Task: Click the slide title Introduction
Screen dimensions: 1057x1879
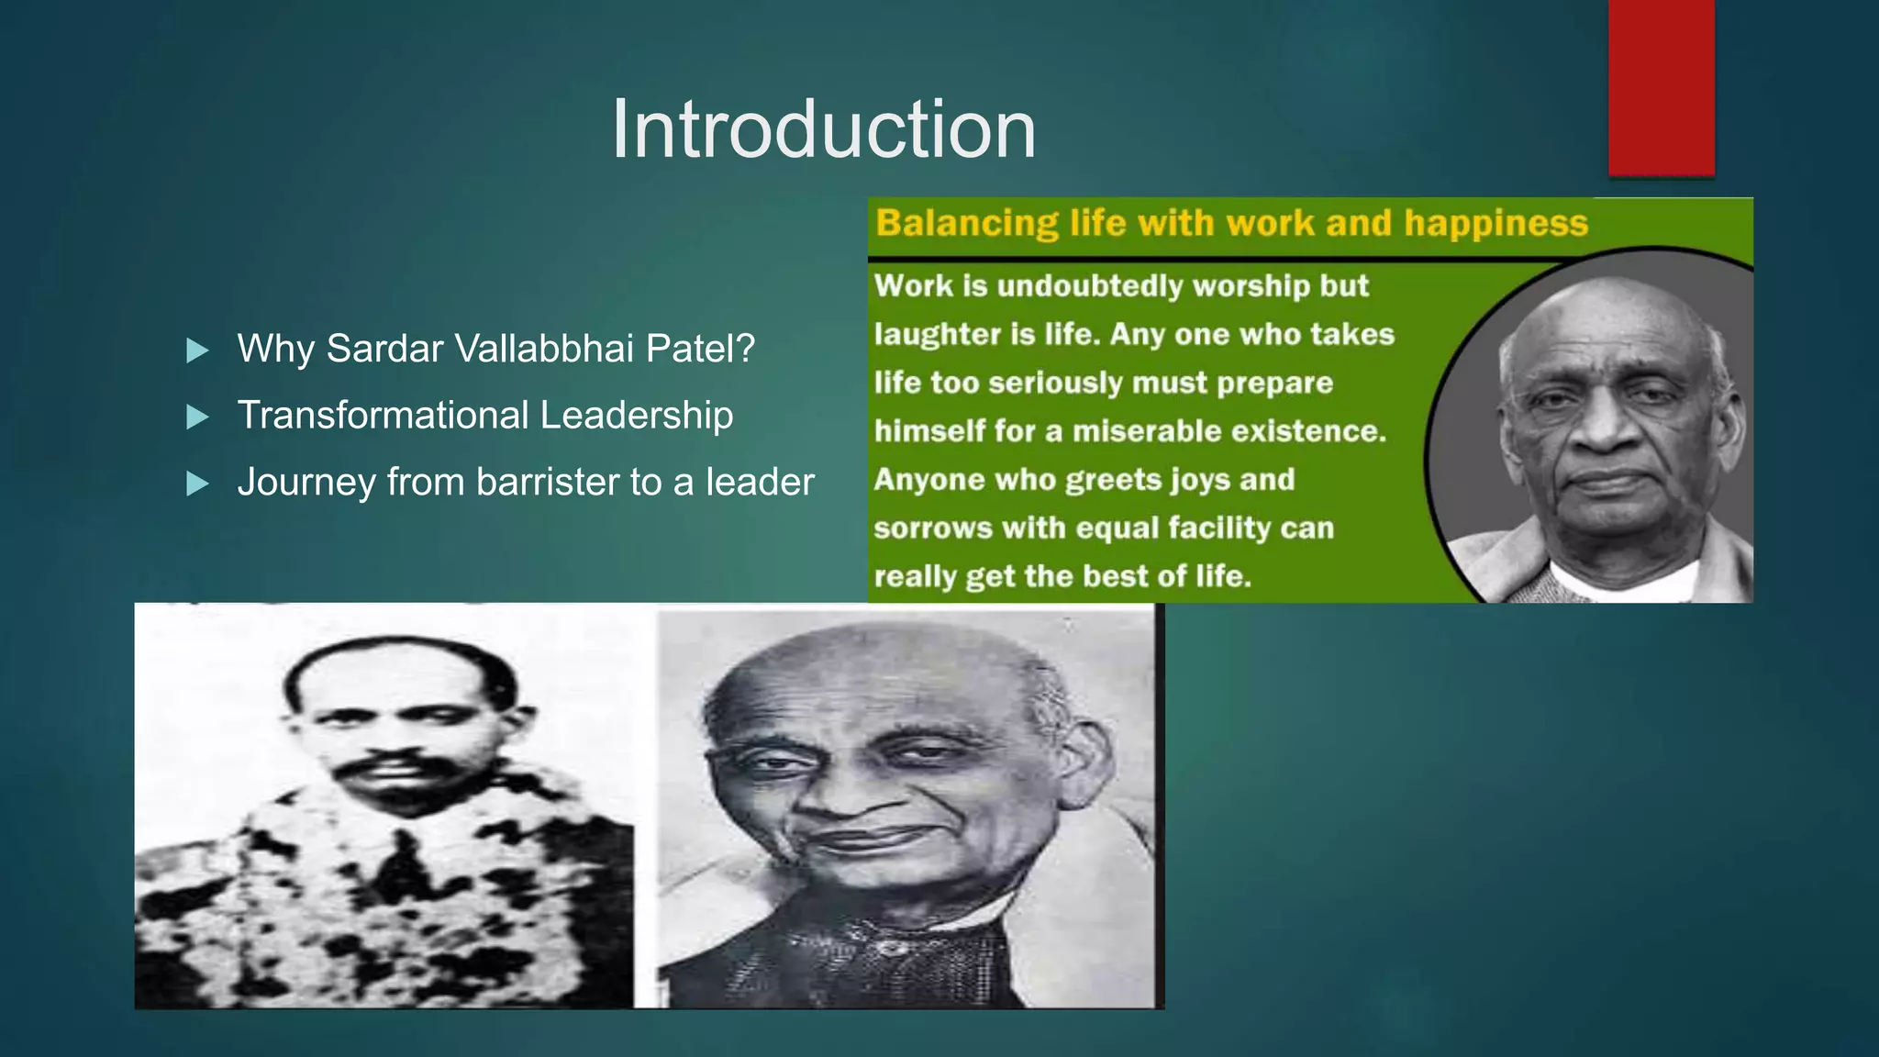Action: tap(823, 129)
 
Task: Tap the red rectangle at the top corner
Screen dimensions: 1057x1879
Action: tap(1661, 87)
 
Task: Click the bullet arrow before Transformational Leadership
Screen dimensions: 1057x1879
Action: tap(197, 417)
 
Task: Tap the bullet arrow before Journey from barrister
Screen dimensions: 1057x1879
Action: tap(197, 484)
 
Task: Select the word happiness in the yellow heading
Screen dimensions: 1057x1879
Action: tap(1495, 223)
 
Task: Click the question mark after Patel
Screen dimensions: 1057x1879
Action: tap(746, 349)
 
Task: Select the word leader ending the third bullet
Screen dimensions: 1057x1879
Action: tap(759, 483)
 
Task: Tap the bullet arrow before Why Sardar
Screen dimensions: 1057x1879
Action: tap(197, 350)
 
